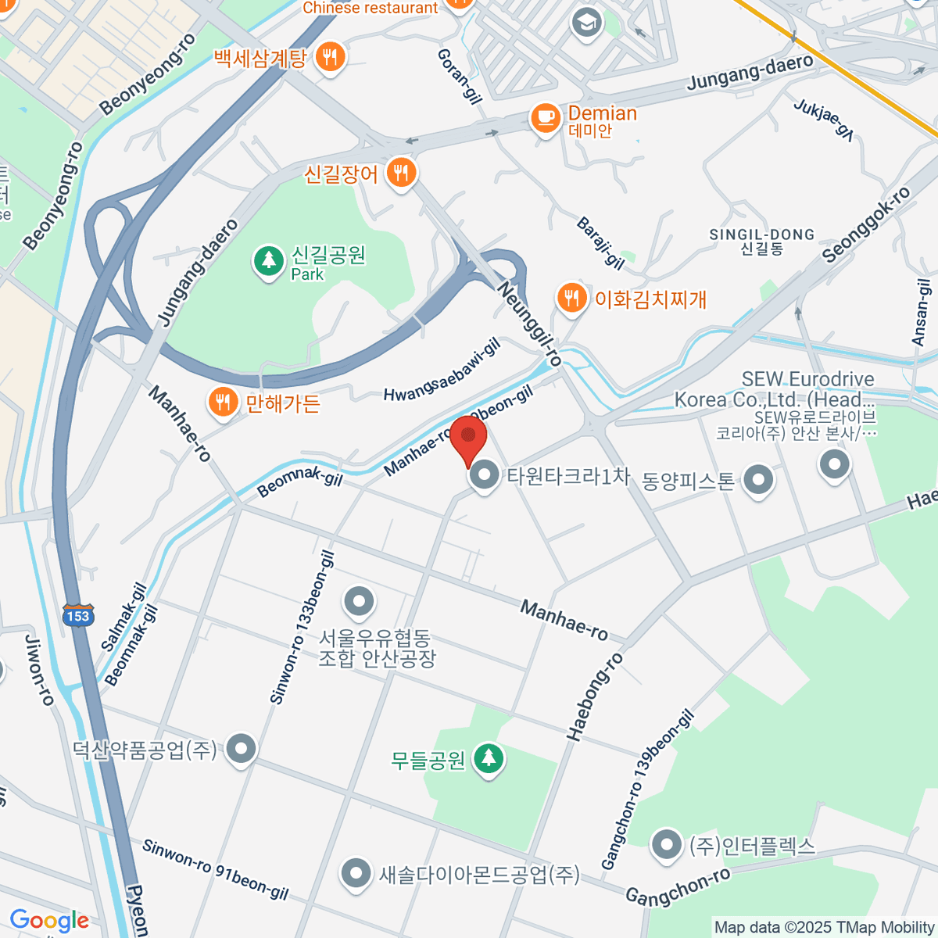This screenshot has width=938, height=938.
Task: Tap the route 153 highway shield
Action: pyautogui.click(x=78, y=615)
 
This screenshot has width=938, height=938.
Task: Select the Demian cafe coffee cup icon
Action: pyautogui.click(x=545, y=118)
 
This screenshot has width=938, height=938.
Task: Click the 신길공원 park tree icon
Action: pyautogui.click(x=269, y=260)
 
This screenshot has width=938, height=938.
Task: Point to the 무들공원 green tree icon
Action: pyautogui.click(x=489, y=757)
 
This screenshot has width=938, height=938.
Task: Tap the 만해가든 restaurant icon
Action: pyautogui.click(x=223, y=403)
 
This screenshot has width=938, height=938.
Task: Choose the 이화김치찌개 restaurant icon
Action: pyautogui.click(x=572, y=298)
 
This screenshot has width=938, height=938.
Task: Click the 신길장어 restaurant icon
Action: pyautogui.click(x=401, y=172)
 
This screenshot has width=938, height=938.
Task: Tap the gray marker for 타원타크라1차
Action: pyautogui.click(x=485, y=474)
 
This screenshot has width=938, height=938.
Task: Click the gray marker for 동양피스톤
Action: pyautogui.click(x=758, y=480)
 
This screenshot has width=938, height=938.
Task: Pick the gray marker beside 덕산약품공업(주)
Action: pyautogui.click(x=241, y=750)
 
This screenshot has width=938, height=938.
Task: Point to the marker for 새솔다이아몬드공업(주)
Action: pyautogui.click(x=356, y=873)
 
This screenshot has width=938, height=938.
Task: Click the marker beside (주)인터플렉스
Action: pyautogui.click(x=667, y=845)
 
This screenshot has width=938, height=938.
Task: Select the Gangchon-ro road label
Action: pyautogui.click(x=678, y=886)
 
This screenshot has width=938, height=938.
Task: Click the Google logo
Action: pyautogui.click(x=49, y=921)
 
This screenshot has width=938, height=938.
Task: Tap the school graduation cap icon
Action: pyautogui.click(x=585, y=23)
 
